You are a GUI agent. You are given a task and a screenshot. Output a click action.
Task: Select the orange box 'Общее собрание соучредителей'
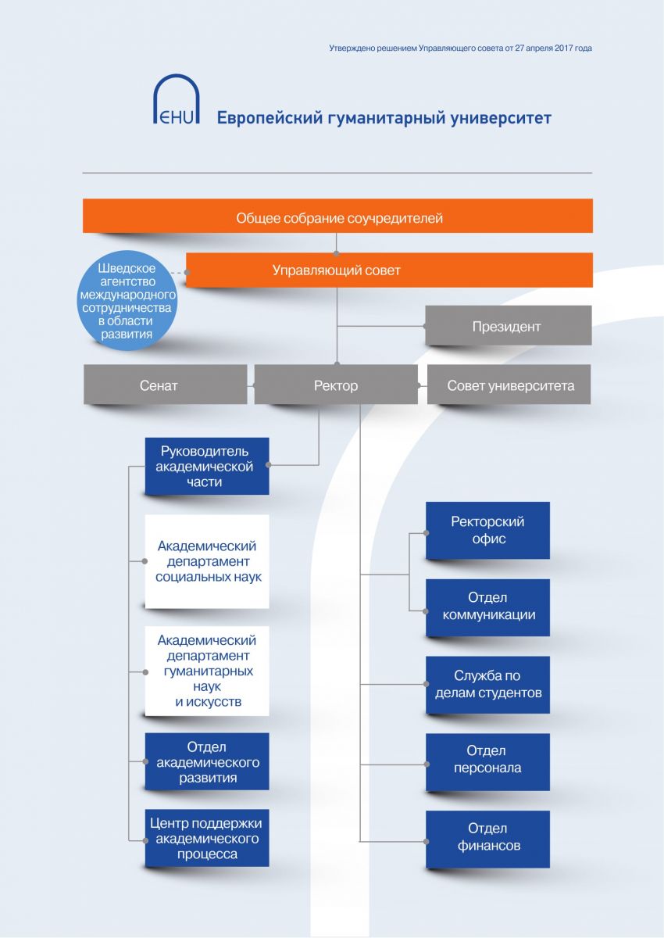click(x=337, y=216)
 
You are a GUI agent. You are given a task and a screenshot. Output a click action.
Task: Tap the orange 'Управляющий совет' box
click(x=389, y=270)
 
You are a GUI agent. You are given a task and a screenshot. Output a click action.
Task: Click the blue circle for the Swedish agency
click(x=127, y=301)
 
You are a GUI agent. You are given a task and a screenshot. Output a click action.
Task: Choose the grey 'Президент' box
click(x=509, y=325)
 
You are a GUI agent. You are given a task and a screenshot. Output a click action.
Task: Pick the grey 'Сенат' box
click(x=166, y=385)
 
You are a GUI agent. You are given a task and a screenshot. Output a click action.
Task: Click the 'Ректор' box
click(x=336, y=385)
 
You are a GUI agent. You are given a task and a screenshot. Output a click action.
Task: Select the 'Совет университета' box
click(x=509, y=385)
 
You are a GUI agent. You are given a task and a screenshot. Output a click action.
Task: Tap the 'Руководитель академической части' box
click(x=207, y=466)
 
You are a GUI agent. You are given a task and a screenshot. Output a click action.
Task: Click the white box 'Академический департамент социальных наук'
click(x=207, y=561)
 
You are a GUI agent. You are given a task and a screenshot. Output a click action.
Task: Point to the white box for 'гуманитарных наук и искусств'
click(x=207, y=671)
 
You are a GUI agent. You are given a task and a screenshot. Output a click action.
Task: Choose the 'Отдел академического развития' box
click(x=207, y=761)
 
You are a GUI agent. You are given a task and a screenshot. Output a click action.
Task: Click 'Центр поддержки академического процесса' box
click(x=207, y=838)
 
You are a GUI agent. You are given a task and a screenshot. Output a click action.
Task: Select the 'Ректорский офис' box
click(x=487, y=530)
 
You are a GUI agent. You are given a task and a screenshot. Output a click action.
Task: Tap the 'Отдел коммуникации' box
click(x=487, y=607)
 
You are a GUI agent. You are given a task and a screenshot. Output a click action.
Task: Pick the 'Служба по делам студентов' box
click(x=487, y=685)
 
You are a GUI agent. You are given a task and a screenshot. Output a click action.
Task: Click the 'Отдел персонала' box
click(x=487, y=761)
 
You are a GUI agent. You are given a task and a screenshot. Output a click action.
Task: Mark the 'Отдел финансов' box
click(x=487, y=840)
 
